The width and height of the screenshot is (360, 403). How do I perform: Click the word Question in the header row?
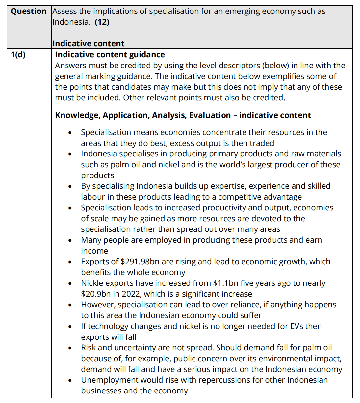coord(29,11)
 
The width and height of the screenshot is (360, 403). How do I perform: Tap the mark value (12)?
coord(102,22)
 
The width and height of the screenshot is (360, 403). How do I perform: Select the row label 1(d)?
coord(18,55)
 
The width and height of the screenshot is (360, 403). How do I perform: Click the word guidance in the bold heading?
coord(147,55)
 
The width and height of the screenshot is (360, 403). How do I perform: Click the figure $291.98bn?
coord(140,262)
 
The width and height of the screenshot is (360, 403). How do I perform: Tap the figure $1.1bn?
coord(225,283)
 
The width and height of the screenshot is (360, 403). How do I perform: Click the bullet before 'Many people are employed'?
coord(70,240)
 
